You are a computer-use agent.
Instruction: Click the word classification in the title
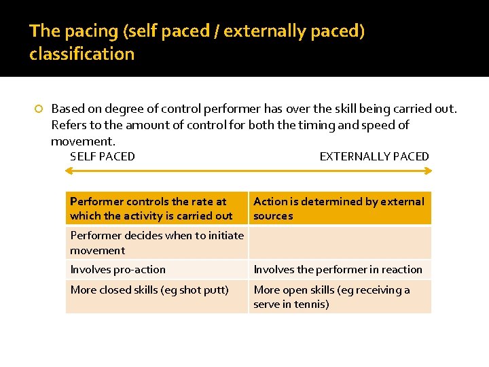click(x=81, y=54)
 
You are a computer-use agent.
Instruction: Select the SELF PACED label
click(x=103, y=156)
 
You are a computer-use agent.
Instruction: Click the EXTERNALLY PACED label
click(x=374, y=156)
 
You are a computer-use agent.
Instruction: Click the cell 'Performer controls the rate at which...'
click(x=157, y=209)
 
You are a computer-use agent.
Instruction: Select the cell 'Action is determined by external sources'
click(x=340, y=209)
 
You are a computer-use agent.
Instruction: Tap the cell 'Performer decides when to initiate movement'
click(x=157, y=243)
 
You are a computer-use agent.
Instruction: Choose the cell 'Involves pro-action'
click(x=157, y=269)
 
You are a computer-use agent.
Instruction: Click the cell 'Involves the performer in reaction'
click(x=340, y=269)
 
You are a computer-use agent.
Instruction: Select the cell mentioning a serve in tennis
click(x=340, y=297)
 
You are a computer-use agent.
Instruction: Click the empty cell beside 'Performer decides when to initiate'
click(x=340, y=243)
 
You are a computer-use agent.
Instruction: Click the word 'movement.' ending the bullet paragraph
click(x=84, y=141)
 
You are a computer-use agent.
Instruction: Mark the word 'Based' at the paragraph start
click(x=67, y=109)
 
